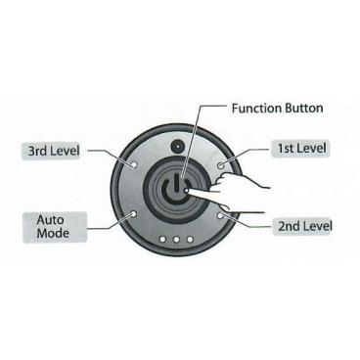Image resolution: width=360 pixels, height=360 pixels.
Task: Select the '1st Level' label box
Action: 298,148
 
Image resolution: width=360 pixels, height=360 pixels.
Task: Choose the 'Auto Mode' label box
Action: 50,226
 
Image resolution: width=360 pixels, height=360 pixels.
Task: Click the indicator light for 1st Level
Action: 223,163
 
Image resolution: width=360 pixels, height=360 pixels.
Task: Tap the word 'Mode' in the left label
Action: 50,234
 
